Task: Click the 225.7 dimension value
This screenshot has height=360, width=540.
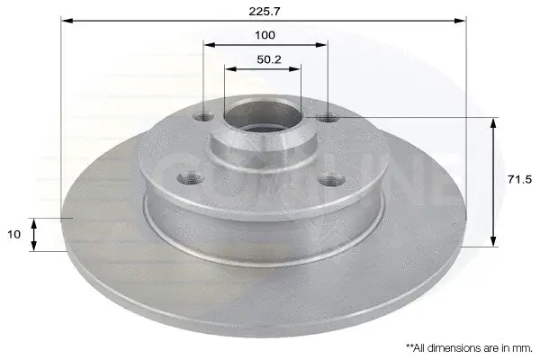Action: [265, 12]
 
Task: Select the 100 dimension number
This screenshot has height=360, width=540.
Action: [265, 35]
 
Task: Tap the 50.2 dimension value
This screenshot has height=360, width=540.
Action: [269, 59]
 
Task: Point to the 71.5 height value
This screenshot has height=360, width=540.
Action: [519, 179]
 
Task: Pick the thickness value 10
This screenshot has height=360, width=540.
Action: [13, 234]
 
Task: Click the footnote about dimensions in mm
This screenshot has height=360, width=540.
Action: [469, 348]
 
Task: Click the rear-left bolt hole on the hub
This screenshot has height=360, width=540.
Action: [203, 117]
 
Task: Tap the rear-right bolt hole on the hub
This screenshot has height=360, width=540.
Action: [328, 119]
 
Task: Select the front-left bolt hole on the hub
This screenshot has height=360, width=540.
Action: [189, 178]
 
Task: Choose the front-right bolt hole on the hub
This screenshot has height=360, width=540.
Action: [331, 180]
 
